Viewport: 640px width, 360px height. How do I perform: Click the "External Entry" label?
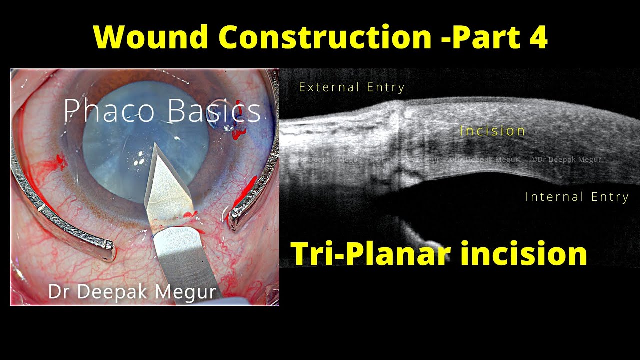(x=351, y=87)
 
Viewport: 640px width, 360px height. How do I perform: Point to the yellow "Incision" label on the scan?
(x=492, y=131)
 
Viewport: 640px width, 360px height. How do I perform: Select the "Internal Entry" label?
(x=577, y=197)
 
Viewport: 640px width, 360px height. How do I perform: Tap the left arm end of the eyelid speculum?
(x=106, y=247)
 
